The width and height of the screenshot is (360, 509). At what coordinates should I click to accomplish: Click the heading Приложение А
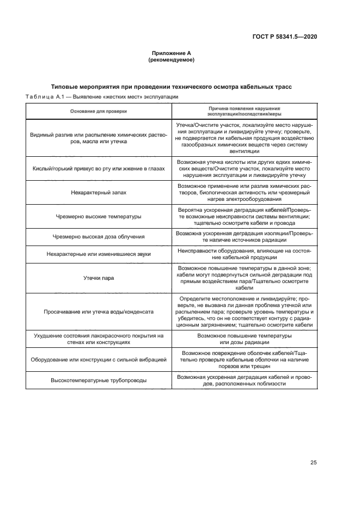[x=171, y=53]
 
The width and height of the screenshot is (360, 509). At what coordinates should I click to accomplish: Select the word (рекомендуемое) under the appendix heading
[x=171, y=60]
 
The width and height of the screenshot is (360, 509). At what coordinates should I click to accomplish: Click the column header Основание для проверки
[x=98, y=111]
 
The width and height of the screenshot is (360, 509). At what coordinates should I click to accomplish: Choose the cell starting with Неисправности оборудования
[x=244, y=254]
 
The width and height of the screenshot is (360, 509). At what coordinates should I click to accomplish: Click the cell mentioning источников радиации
[x=244, y=236]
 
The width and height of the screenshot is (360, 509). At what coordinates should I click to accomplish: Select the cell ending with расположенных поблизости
[x=244, y=380]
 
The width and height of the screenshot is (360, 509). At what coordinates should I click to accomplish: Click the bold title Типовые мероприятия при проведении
[x=171, y=87]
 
